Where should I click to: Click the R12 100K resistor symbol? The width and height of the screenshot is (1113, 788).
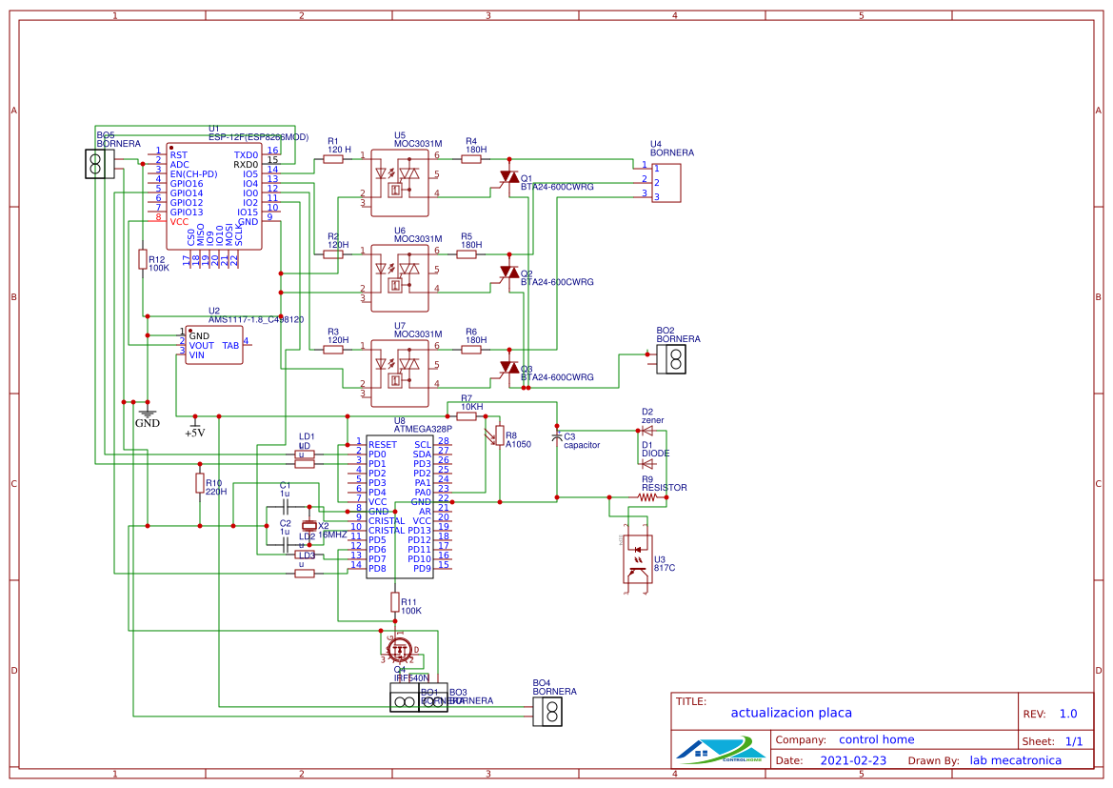point(143,259)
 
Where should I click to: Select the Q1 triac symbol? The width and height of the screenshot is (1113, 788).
point(508,177)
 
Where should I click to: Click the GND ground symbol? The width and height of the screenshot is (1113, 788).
point(148,412)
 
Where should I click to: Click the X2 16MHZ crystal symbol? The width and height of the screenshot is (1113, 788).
point(308,526)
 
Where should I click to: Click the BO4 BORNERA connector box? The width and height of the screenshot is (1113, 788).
point(549,711)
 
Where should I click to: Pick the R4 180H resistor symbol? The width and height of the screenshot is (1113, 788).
point(471,159)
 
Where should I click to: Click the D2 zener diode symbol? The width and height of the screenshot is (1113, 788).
point(647,432)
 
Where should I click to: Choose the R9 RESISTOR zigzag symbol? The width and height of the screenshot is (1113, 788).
point(647,496)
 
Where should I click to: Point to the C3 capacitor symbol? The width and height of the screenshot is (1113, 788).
point(557,436)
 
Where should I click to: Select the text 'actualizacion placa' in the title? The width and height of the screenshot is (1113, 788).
point(791,713)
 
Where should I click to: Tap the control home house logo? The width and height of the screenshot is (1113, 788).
point(720,750)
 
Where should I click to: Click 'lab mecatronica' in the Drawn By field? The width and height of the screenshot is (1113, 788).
point(1015,760)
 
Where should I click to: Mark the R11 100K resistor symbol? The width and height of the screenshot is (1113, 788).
point(395,601)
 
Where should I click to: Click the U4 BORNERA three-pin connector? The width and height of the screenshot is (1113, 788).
point(666,182)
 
